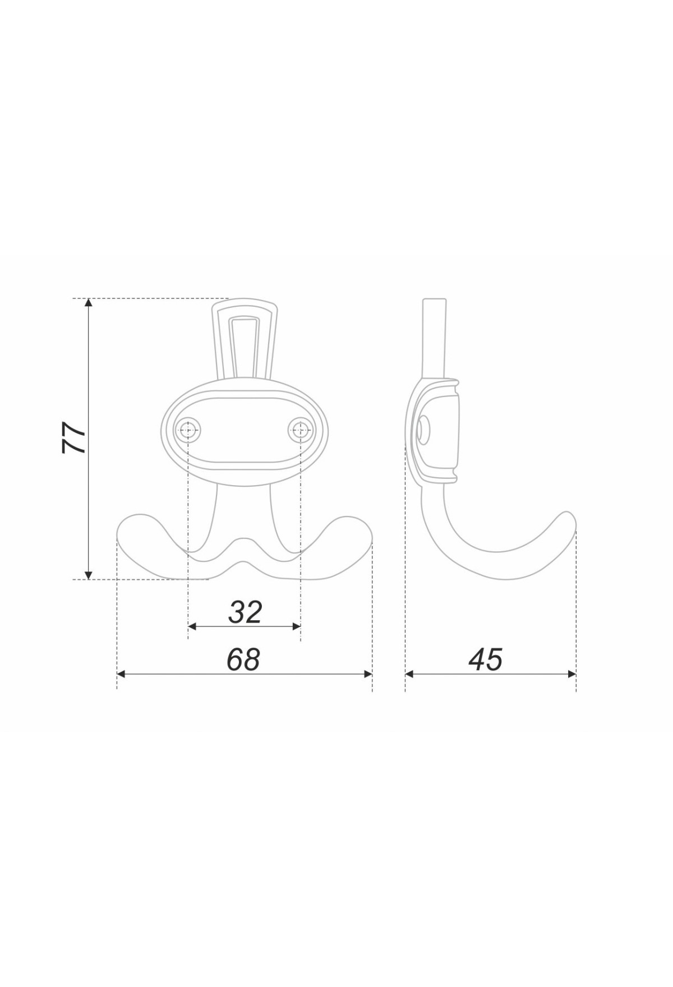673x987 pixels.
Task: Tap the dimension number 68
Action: point(244,659)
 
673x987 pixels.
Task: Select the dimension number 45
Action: point(486,659)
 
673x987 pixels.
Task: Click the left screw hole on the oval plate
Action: point(188,431)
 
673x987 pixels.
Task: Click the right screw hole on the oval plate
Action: point(301,431)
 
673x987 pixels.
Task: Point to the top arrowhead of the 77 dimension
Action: point(88,303)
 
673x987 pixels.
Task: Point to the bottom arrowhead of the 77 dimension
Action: point(88,574)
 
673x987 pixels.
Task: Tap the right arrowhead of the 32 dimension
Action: point(296,626)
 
